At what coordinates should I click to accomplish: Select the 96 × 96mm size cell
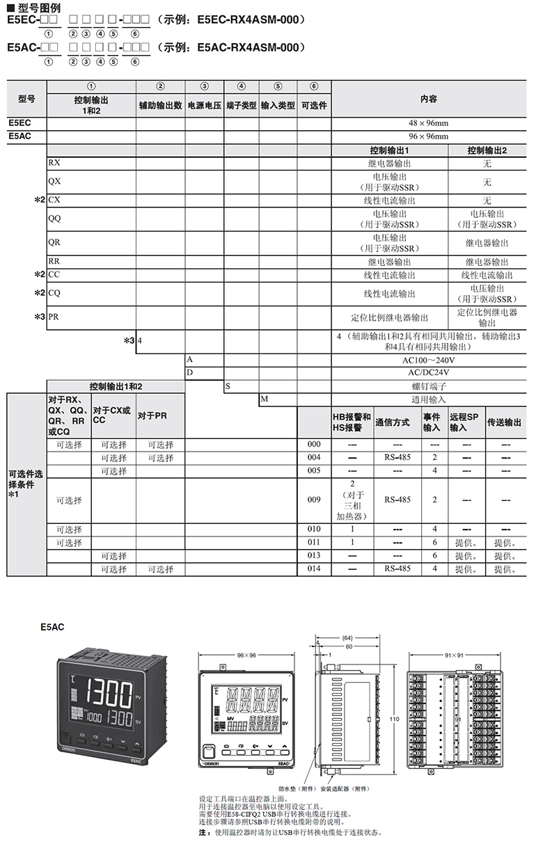point(428,136)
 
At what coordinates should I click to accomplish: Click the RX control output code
point(54,163)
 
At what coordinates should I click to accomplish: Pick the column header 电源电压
point(204,106)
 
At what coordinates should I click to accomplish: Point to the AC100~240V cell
point(428,360)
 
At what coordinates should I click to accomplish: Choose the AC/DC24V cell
point(428,373)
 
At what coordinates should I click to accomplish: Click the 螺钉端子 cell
point(428,385)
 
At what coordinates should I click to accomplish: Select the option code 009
point(314,500)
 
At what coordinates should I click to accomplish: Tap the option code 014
point(314,569)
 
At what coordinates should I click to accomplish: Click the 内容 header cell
point(428,100)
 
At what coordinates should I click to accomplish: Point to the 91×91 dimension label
point(455,655)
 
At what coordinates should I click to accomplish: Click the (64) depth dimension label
point(347,637)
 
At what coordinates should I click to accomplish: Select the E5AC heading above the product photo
point(53,627)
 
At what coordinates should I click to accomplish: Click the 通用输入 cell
point(428,399)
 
